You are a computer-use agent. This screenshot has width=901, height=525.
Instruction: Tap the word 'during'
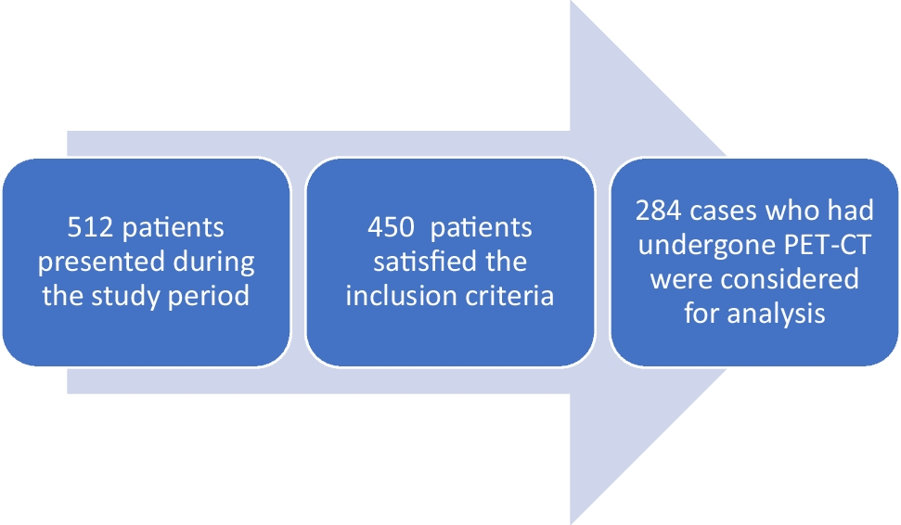tap(213, 262)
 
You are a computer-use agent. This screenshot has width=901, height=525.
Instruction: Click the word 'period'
tap(209, 297)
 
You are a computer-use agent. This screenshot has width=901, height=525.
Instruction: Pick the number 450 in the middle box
tap(391, 227)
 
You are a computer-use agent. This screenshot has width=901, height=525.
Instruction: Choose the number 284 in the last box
tap(659, 211)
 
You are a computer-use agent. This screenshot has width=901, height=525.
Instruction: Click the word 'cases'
tap(724, 211)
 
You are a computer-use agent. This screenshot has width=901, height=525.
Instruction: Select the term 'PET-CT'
tap(828, 244)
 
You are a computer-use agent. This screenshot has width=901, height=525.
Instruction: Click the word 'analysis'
tap(777, 314)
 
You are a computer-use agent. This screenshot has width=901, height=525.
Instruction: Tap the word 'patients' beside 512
tap(174, 228)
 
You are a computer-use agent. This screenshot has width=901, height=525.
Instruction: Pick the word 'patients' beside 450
tap(482, 228)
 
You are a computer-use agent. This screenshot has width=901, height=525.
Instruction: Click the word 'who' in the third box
tap(791, 211)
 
